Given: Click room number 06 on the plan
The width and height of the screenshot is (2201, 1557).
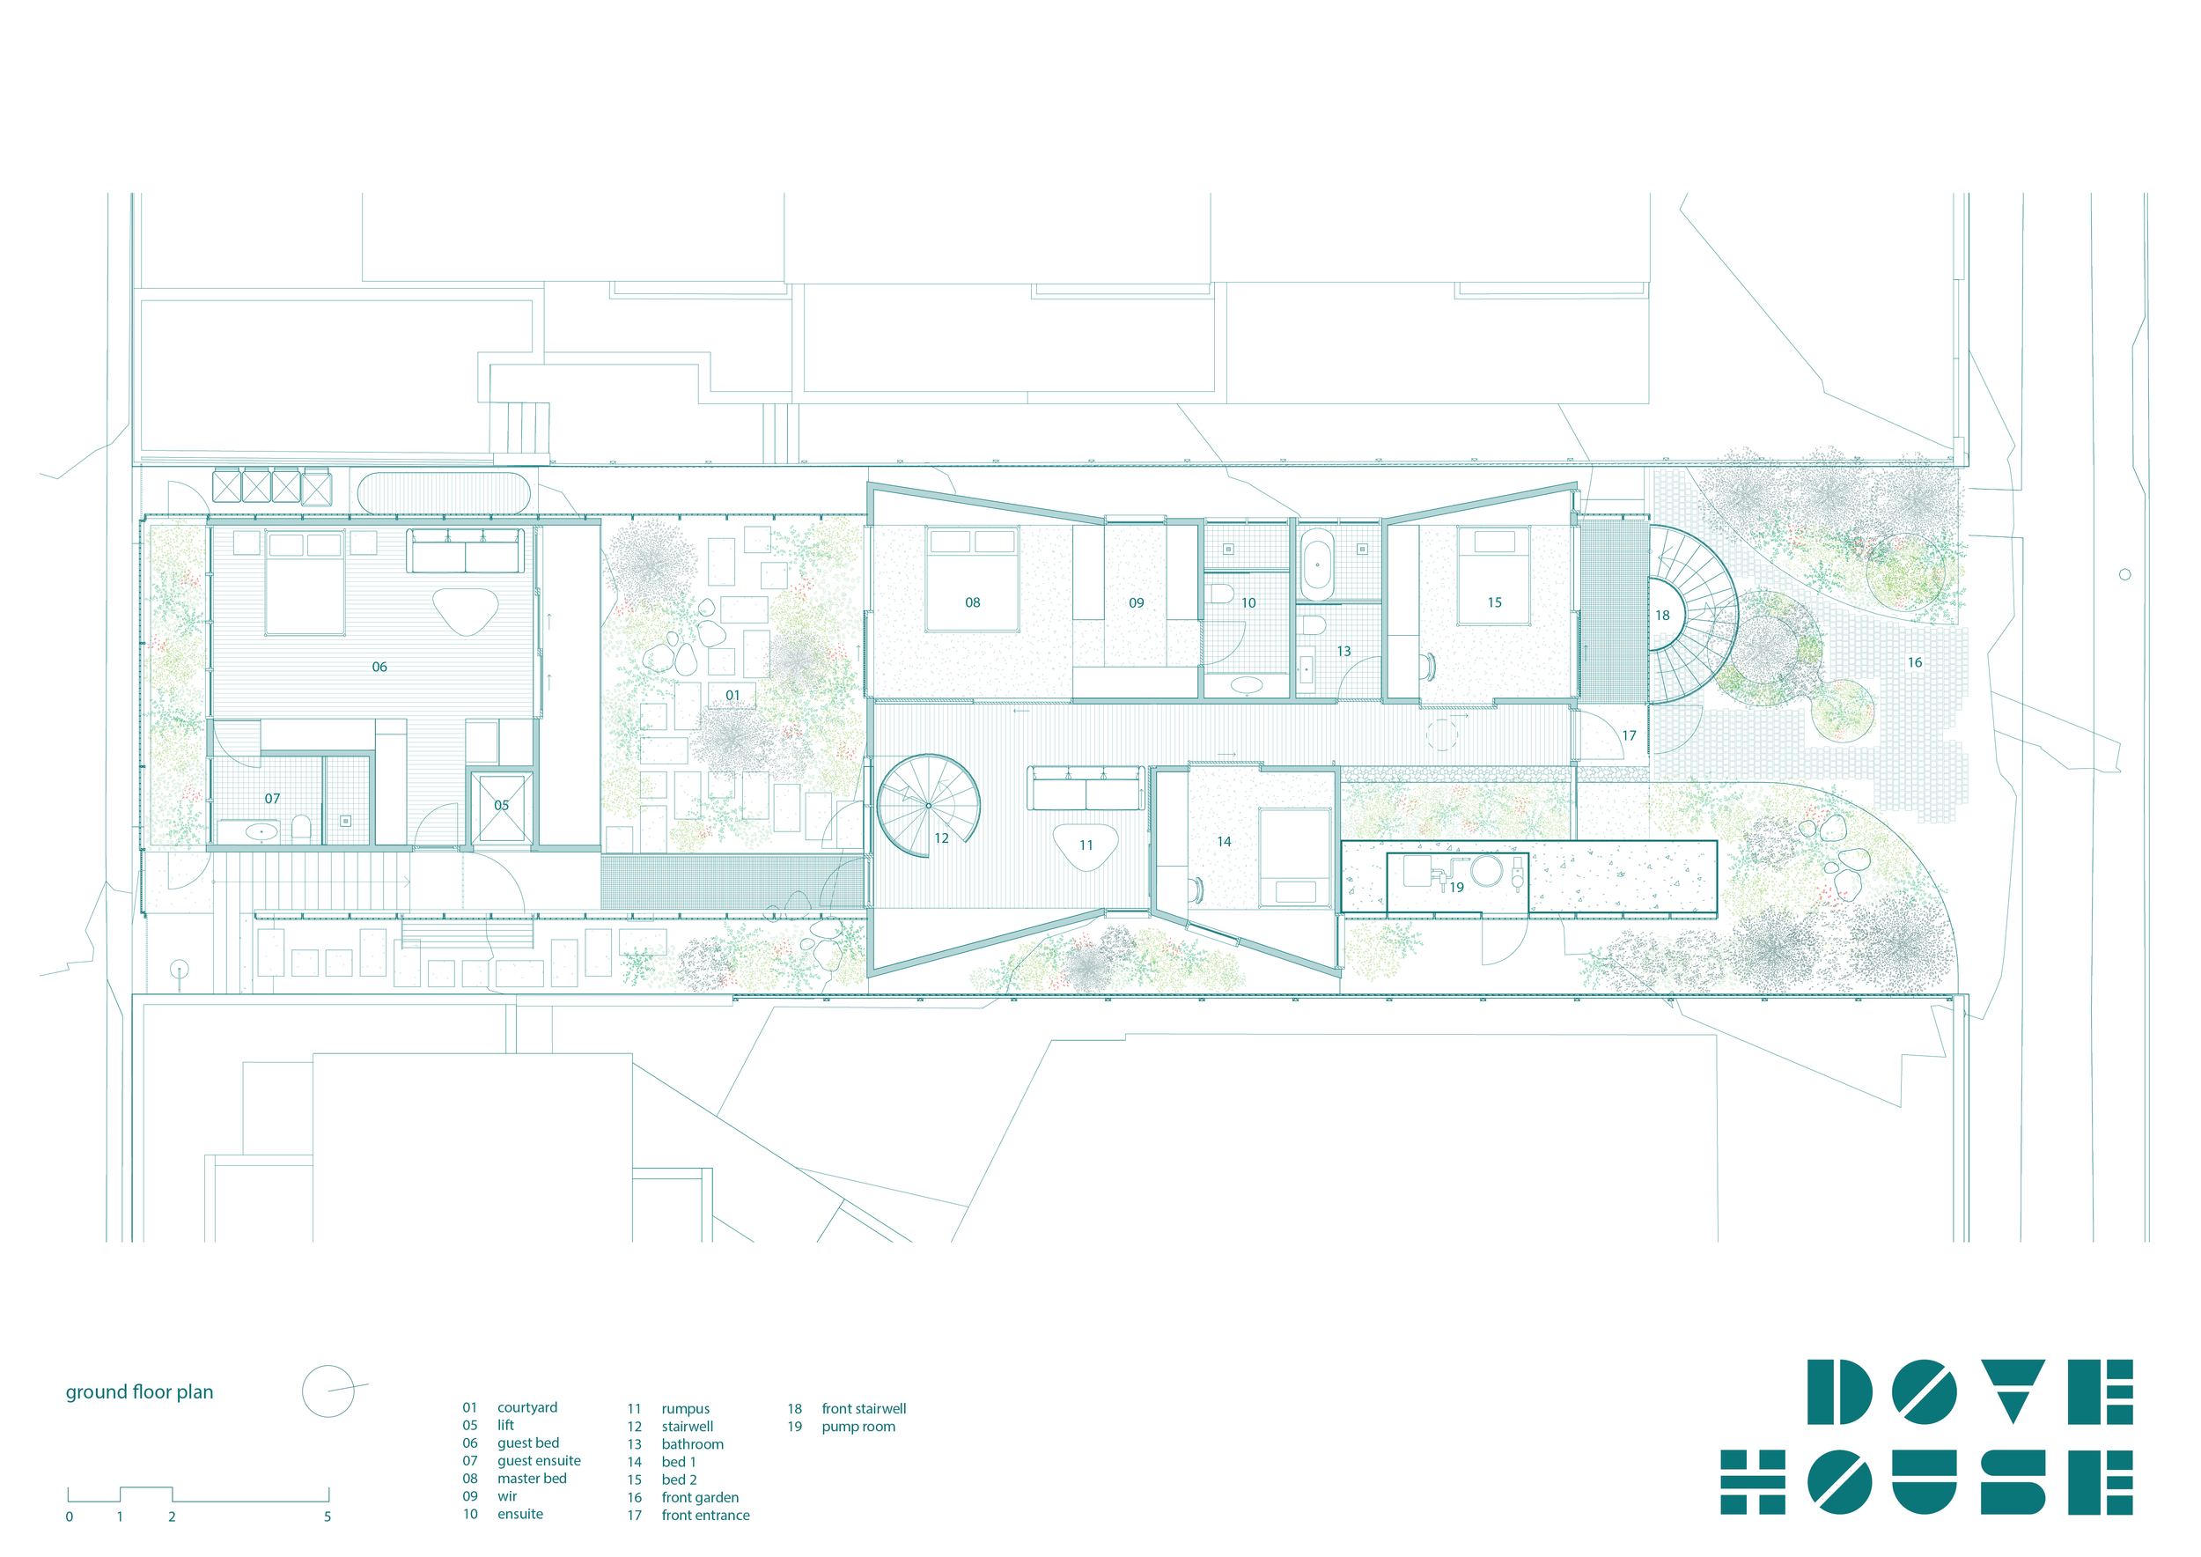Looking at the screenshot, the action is pyautogui.click(x=379, y=667).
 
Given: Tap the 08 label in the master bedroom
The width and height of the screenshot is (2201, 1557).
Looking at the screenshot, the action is pyautogui.click(x=972, y=602).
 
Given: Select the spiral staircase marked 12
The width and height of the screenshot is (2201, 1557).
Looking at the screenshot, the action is pyautogui.click(x=928, y=805).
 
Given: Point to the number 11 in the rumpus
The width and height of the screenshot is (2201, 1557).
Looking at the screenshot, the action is pyautogui.click(x=1086, y=845).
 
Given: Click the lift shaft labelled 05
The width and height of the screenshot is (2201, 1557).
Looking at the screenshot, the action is pyautogui.click(x=501, y=808).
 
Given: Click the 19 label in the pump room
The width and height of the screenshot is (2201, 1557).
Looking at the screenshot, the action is pyautogui.click(x=1456, y=887).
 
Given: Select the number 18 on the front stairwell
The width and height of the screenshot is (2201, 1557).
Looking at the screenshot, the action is pyautogui.click(x=1662, y=615).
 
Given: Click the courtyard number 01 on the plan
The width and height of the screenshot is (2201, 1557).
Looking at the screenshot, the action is pyautogui.click(x=732, y=695).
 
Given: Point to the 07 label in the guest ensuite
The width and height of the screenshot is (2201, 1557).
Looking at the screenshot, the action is pyautogui.click(x=272, y=798).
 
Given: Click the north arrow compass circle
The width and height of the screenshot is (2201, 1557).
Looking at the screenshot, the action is pyautogui.click(x=328, y=1391).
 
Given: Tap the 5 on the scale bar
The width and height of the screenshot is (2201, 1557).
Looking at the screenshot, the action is pyautogui.click(x=327, y=1516).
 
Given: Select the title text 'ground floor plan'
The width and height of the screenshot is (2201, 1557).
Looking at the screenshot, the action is pyautogui.click(x=139, y=1391).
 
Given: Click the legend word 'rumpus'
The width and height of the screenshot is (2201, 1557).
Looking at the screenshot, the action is pyautogui.click(x=686, y=1408).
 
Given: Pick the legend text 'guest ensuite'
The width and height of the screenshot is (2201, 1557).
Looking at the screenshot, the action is pyautogui.click(x=539, y=1460).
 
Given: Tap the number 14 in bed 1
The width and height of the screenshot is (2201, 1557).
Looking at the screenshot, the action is pyautogui.click(x=1223, y=841).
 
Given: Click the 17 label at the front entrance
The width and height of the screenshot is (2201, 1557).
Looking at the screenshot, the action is pyautogui.click(x=1629, y=735).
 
